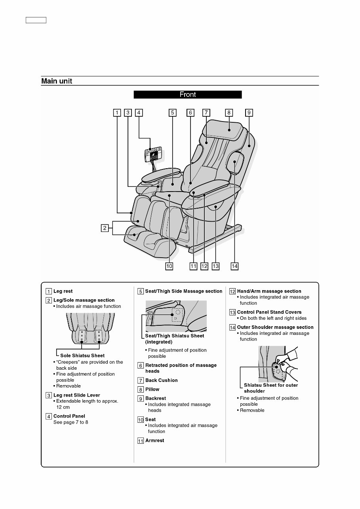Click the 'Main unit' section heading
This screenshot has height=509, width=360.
pos(57,82)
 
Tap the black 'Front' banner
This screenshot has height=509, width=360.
pos(187,95)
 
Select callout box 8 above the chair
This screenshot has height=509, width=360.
pos(229,112)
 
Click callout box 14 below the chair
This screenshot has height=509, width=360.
pos(234,266)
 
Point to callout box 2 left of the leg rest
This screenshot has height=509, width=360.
pos(105,228)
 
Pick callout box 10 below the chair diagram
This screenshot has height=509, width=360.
pos(169,266)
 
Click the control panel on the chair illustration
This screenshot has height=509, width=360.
pos(152,155)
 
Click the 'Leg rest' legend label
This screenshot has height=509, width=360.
pos(63,291)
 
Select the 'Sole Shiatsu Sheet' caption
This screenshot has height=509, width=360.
pos(82,355)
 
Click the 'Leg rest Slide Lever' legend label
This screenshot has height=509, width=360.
pos(76,395)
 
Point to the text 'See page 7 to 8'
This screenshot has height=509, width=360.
pos(70,422)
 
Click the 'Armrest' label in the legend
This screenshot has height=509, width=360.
pos(154,441)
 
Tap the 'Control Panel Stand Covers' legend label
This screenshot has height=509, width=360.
pos(269,312)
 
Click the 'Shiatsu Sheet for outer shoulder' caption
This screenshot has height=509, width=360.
pos(270,388)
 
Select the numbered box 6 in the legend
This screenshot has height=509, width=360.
pos(141,365)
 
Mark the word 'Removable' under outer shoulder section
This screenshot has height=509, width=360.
pos(252,410)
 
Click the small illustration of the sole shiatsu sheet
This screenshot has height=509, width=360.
pos(90,329)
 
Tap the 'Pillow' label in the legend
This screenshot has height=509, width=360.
pos(152,389)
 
